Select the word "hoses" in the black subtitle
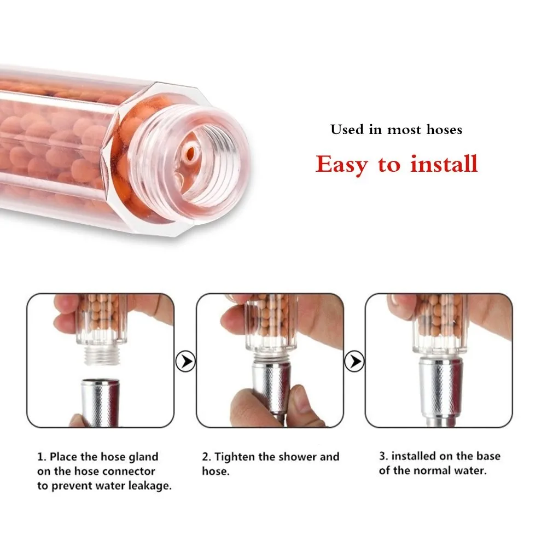[x=444, y=130]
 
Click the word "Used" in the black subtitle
[x=347, y=130]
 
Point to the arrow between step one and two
[x=185, y=361]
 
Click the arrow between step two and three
[x=354, y=361]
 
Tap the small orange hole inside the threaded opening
[x=190, y=153]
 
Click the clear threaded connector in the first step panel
[x=101, y=355]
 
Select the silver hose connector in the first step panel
[x=100, y=402]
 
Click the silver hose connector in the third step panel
[x=440, y=389]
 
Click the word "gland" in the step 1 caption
[x=143, y=457]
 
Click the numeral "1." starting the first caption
[x=42, y=457]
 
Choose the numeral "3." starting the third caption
[x=384, y=456]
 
